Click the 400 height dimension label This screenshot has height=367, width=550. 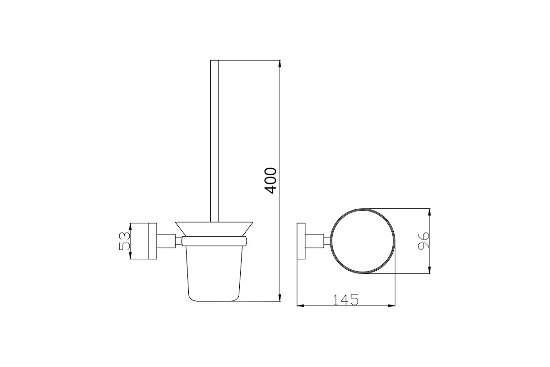tap(271, 181)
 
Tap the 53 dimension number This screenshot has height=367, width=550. tap(125, 241)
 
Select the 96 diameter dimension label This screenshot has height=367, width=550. tap(423, 241)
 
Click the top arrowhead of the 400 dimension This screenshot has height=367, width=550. tap(280, 64)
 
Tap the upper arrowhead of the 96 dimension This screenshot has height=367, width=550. tap(429, 212)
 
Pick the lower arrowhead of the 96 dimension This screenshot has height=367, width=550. tap(429, 270)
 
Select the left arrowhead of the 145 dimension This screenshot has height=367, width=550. tap(301, 306)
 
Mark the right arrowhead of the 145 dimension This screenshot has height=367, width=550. tap(391, 306)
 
